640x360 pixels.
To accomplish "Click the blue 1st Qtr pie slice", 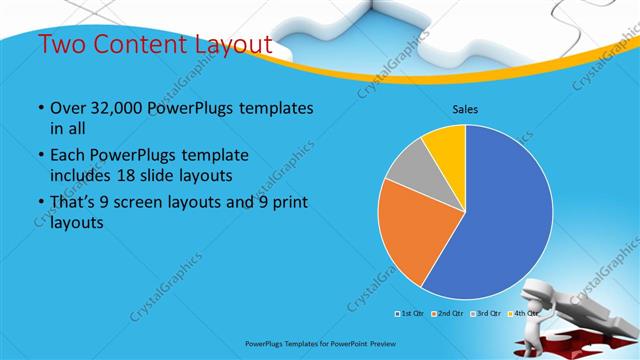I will coord(505,220).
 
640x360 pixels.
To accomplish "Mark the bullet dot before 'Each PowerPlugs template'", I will coord(39,157).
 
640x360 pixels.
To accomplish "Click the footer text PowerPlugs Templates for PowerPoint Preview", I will coord(319,343).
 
